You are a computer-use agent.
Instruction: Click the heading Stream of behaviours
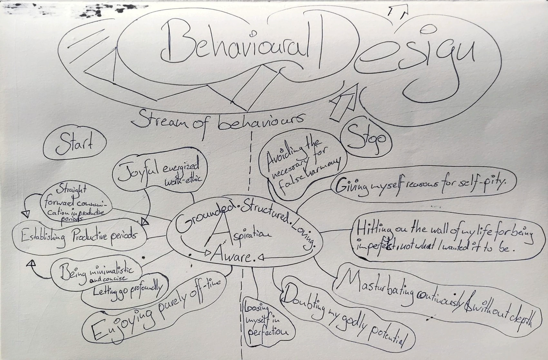pos(218,121)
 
